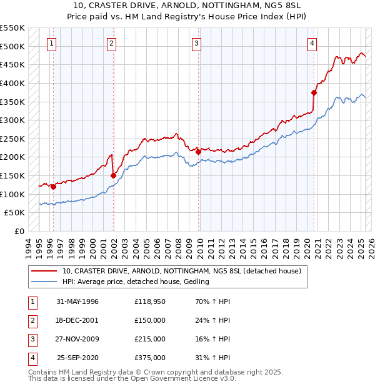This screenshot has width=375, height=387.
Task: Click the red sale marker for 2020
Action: (314, 93)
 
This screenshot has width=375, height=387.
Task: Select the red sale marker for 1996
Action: (54, 187)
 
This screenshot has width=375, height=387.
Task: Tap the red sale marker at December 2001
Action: (113, 175)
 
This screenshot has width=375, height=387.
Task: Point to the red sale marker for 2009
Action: (198, 152)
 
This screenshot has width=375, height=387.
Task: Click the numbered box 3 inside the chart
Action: (196, 43)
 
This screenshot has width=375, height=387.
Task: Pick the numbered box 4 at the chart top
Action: (311, 43)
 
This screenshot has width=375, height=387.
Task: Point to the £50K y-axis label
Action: (14, 212)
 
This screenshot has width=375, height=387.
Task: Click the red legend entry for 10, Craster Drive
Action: (181, 271)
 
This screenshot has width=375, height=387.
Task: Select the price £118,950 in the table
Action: (149, 301)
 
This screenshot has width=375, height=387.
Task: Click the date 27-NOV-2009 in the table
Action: (77, 339)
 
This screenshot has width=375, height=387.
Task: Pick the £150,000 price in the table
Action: (149, 320)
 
